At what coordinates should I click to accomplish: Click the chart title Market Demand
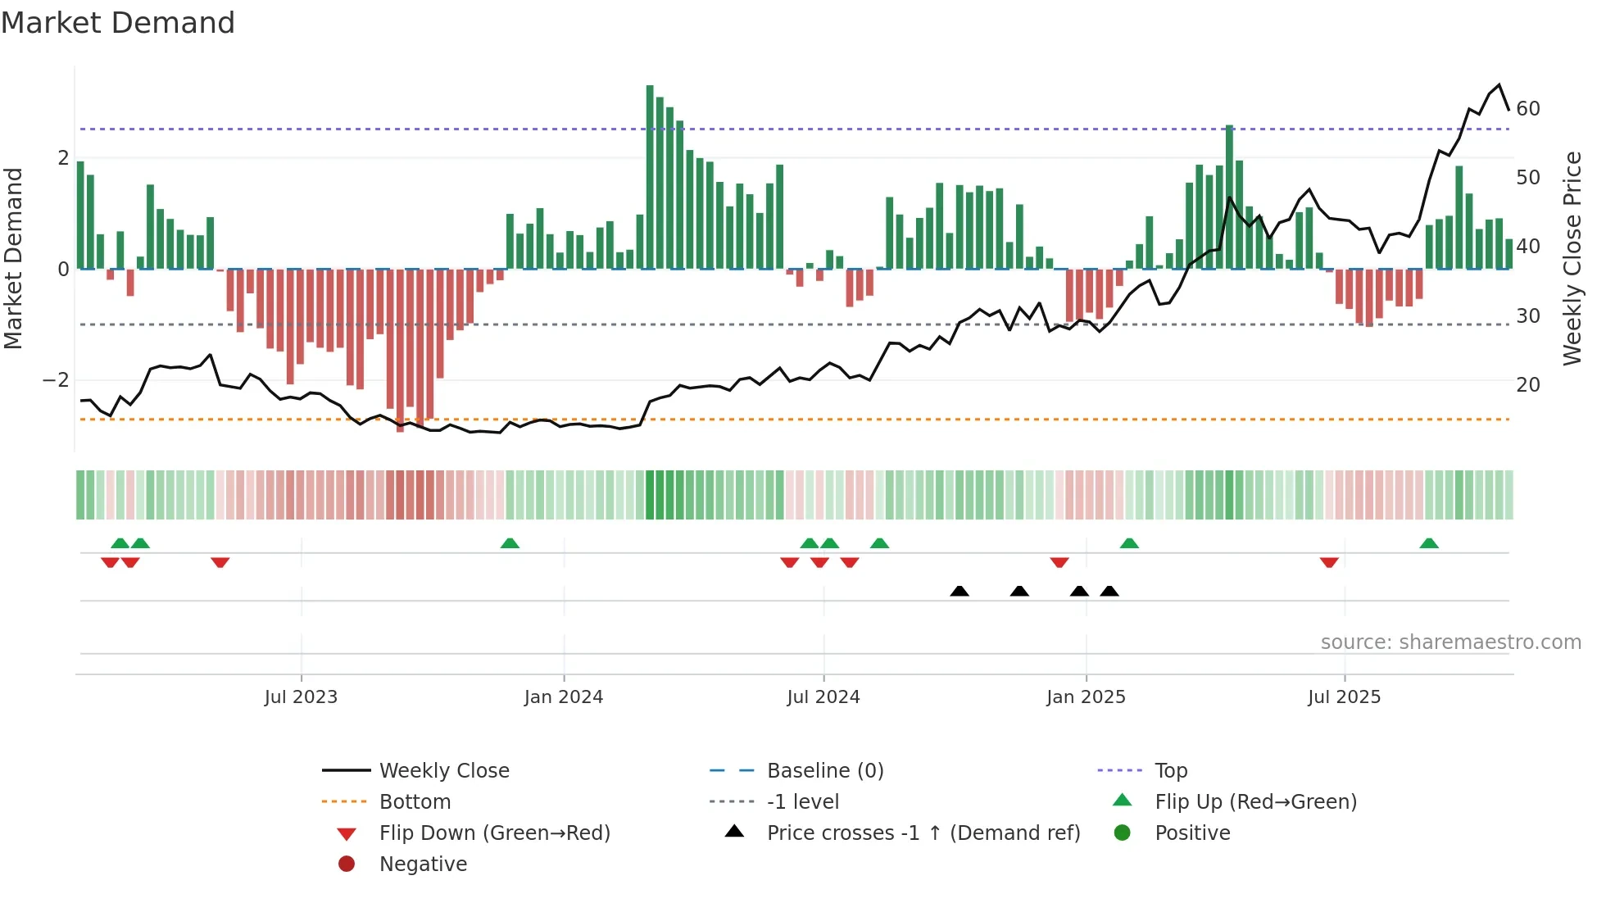[x=118, y=23]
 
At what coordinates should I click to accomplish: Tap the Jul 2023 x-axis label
[x=301, y=697]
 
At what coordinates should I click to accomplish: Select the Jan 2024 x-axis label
[x=564, y=697]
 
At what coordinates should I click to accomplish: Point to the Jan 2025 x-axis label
[x=1086, y=697]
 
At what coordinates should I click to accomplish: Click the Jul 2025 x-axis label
[x=1344, y=697]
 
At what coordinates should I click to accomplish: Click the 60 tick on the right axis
[x=1528, y=109]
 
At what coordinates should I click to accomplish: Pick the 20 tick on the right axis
[x=1528, y=384]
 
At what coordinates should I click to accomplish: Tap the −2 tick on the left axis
[x=56, y=380]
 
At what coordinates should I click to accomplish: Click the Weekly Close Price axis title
[x=1572, y=258]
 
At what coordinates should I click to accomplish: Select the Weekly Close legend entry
[x=444, y=771]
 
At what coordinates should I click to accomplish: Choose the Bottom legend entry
[x=415, y=802]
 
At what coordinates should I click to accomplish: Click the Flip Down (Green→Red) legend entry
[x=494, y=833]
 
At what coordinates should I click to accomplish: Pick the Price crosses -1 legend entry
[x=923, y=833]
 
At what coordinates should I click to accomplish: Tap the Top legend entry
[x=1171, y=771]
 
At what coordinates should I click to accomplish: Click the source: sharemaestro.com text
[x=1450, y=642]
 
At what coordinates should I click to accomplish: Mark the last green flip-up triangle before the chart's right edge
[x=1429, y=543]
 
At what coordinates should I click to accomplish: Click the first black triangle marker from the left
[x=960, y=591]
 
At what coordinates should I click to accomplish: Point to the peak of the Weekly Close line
[x=1499, y=85]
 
